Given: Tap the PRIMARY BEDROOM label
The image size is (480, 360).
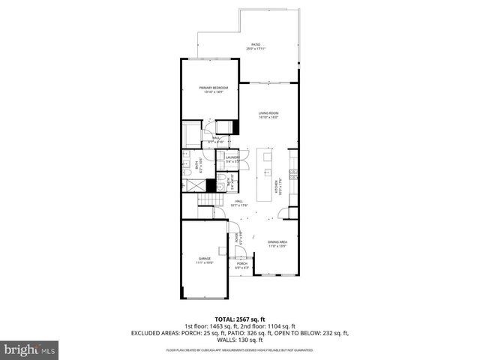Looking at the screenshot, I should [x=214, y=90].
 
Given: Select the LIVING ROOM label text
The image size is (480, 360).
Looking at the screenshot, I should [x=268, y=115].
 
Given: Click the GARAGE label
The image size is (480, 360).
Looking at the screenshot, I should [x=205, y=260].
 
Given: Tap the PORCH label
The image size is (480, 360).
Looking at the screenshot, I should [x=242, y=265].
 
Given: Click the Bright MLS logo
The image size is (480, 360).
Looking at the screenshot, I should [x=30, y=349].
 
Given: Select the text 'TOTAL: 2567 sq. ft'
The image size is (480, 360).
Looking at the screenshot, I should [x=239, y=318].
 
